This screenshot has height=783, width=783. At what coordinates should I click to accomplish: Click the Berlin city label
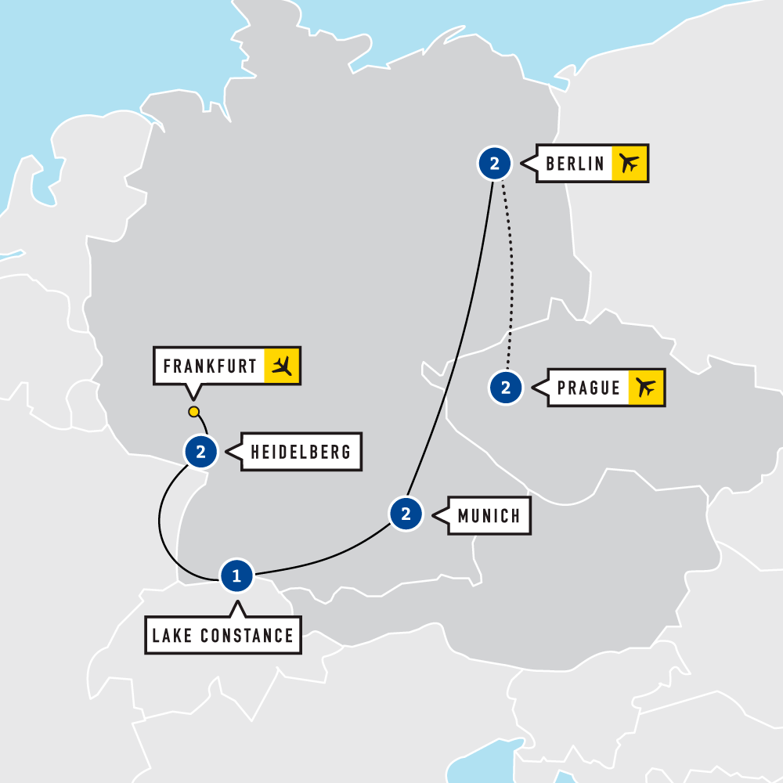pyautogui.click(x=575, y=164)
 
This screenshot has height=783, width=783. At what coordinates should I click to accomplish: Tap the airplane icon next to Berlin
pyautogui.click(x=629, y=164)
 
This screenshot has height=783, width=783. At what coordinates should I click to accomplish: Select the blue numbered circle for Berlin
pyautogui.click(x=494, y=164)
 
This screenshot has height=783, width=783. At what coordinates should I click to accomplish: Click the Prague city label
pyautogui.click(x=589, y=388)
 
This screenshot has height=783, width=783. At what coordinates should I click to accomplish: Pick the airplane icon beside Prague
pyautogui.click(x=646, y=388)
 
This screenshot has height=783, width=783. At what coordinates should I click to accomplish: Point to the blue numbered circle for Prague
pyautogui.click(x=506, y=388)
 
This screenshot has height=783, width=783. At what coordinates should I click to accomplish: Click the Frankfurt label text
pyautogui.click(x=210, y=366)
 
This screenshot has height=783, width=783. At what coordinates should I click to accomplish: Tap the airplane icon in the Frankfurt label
pyautogui.click(x=282, y=366)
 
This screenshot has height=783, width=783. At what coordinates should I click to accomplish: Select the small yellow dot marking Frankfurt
pyautogui.click(x=193, y=412)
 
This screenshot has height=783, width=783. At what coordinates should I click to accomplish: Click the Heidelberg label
pyautogui.click(x=301, y=452)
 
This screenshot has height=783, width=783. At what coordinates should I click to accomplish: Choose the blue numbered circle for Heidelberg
pyautogui.click(x=200, y=452)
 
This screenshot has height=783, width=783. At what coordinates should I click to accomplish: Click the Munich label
pyautogui.click(x=489, y=515)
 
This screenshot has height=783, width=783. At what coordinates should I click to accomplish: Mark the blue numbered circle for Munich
pyautogui.click(x=406, y=514)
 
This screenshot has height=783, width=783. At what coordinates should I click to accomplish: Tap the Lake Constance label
pyautogui.click(x=223, y=635)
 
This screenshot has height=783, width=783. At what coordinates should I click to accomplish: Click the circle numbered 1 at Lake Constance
pyautogui.click(x=236, y=576)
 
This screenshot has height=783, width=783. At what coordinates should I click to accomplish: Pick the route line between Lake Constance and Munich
pyautogui.click(x=329, y=559)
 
